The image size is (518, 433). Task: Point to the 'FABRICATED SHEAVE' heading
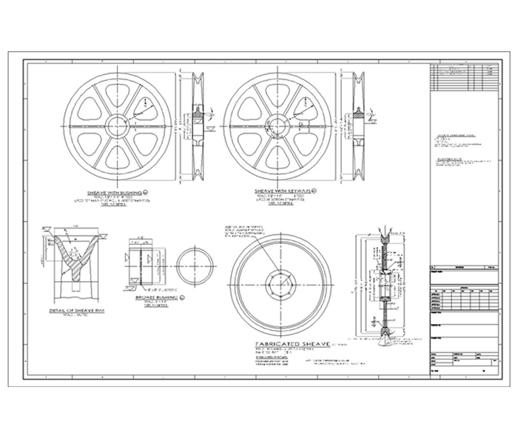tap(288, 345)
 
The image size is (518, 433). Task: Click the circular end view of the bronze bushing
tap(195, 265)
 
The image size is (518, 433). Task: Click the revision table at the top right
tap(462, 76)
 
